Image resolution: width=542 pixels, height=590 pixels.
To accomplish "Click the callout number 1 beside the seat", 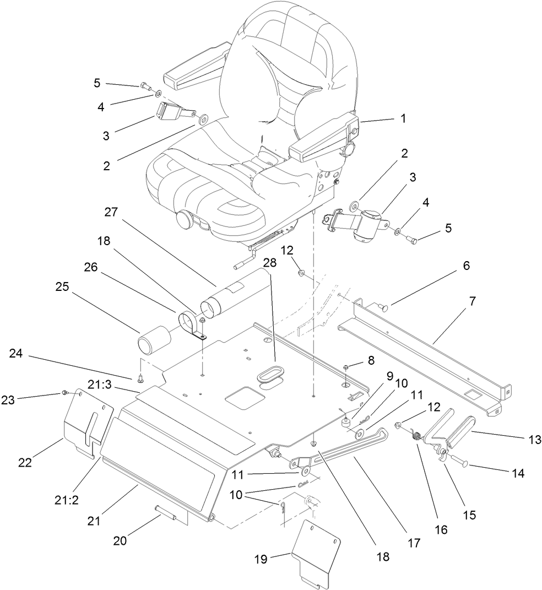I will tap(403, 118).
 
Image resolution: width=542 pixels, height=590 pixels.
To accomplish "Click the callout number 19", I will tap(260, 559).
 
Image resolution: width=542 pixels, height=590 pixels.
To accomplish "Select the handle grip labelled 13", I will tap(461, 430).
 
